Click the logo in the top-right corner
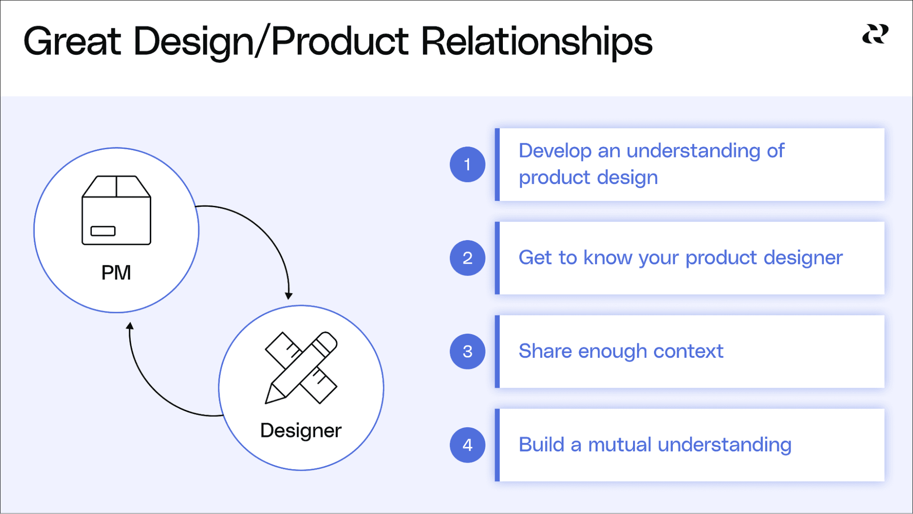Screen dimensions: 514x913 tap(875, 34)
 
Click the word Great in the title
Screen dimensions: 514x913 tap(72, 42)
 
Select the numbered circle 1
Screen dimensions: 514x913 tap(467, 164)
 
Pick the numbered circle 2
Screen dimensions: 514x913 tap(467, 258)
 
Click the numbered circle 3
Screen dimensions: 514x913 tap(467, 351)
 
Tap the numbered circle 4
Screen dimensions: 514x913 tap(467, 445)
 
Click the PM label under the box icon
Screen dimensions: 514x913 tap(116, 273)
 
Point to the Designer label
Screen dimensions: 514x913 tap(301, 430)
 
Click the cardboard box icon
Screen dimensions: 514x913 tap(116, 210)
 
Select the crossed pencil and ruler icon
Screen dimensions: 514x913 tap(301, 368)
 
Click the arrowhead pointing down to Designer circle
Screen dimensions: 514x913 tap(289, 296)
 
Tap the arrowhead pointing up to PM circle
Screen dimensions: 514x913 tap(130, 326)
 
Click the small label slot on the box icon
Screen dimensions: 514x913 tap(103, 231)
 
